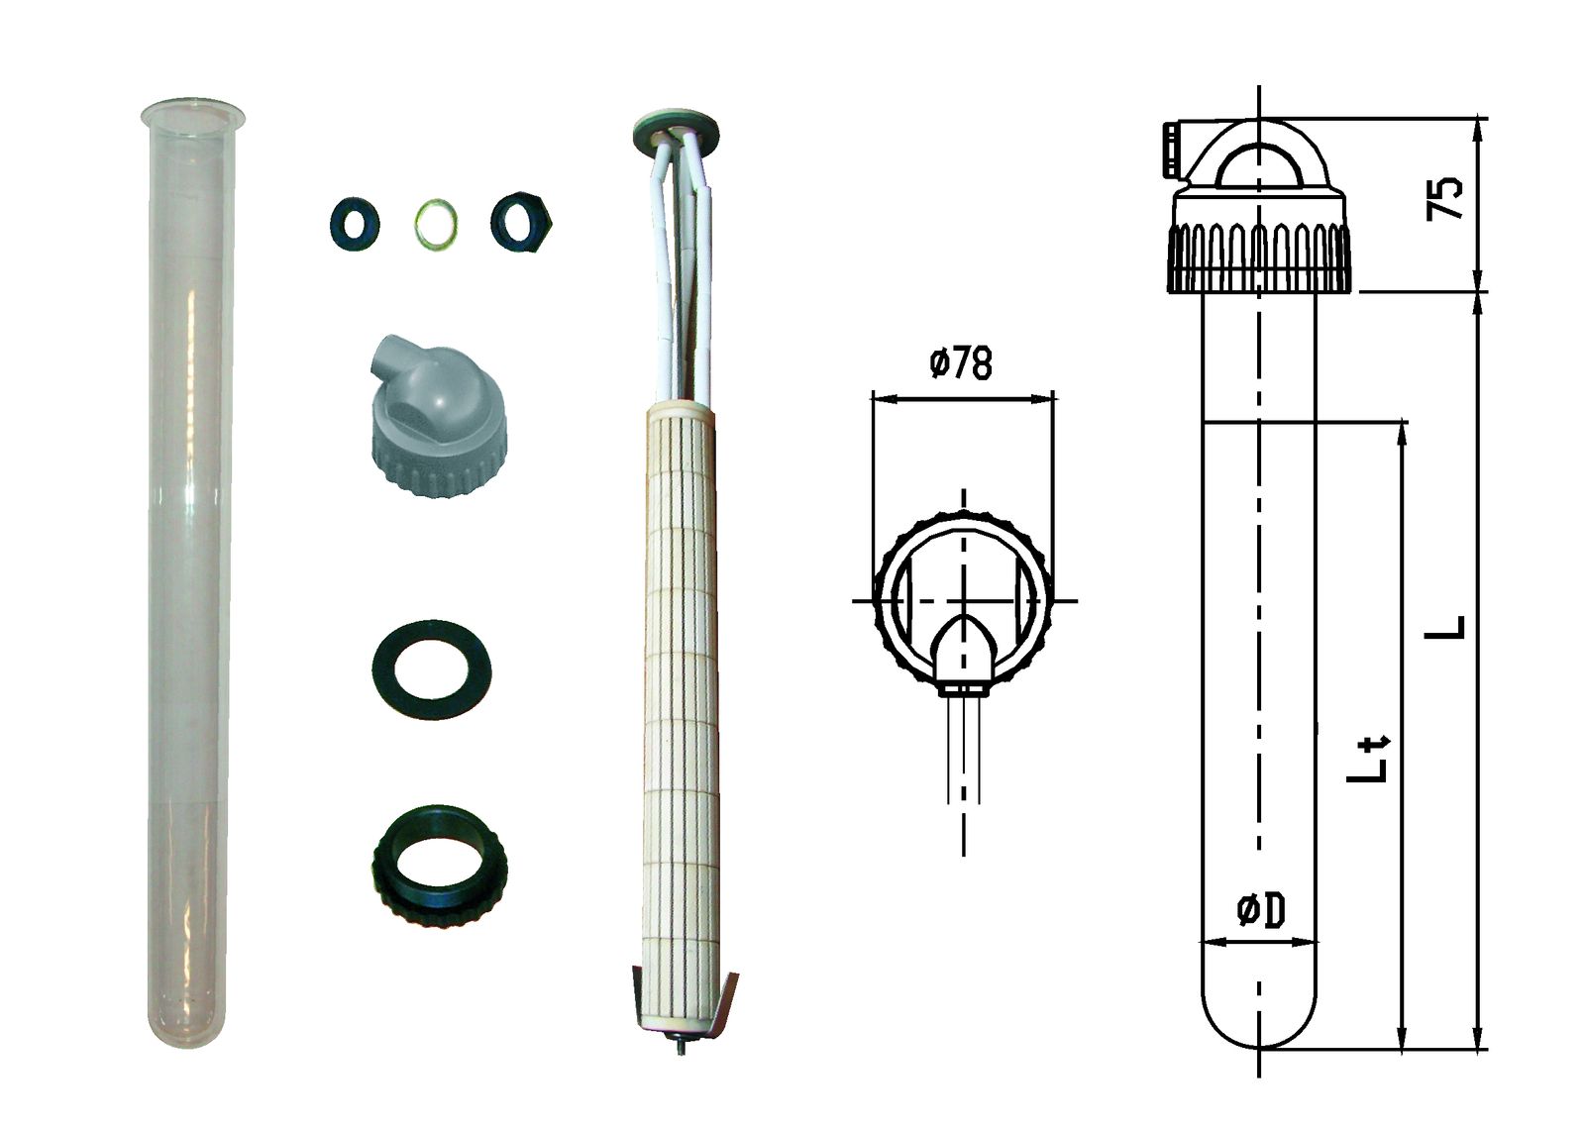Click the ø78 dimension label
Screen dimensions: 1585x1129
pos(961,363)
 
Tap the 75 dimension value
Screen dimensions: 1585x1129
pos(1444,198)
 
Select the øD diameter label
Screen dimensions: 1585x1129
pos(1261,910)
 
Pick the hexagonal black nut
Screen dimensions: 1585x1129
pos(522,223)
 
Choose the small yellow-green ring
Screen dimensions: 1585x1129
pos(435,224)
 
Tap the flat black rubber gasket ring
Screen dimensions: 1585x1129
pos(432,669)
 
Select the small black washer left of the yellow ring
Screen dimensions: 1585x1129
pos(354,224)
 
